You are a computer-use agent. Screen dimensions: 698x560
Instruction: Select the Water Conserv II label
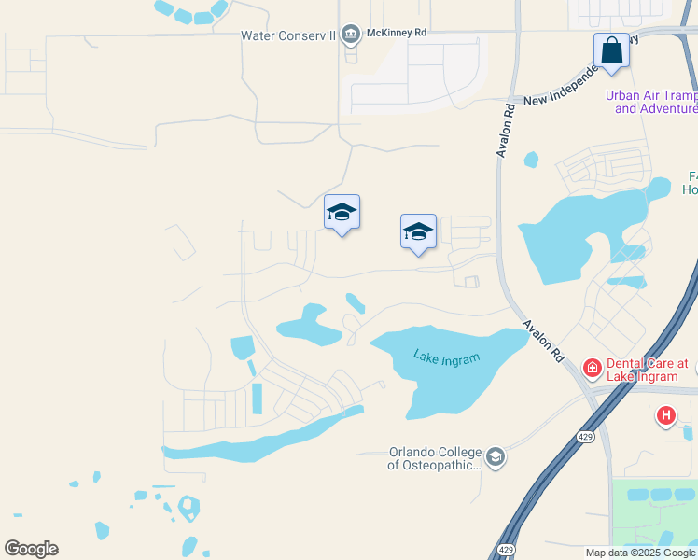pos(287,35)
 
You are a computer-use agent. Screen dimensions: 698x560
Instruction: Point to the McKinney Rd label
pos(398,32)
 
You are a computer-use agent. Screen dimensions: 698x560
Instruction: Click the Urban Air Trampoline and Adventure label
pos(651,102)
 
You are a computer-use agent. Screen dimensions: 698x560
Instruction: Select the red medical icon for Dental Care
pos(592,369)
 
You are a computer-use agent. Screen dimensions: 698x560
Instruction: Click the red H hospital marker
pos(665,415)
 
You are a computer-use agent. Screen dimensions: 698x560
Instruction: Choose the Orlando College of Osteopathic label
pos(435,457)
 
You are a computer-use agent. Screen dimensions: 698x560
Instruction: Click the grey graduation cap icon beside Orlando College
pos(495,456)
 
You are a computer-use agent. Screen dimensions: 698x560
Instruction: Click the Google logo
pos(31,549)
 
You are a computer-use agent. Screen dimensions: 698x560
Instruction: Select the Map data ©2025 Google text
pos(639,553)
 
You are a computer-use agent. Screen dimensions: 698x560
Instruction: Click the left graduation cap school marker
pos(342,214)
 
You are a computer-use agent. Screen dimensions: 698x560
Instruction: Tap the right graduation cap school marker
pos(418,232)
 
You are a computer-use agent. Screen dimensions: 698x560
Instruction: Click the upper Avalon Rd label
pos(507,130)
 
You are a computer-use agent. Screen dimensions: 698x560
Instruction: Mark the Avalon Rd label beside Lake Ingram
pos(544,341)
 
